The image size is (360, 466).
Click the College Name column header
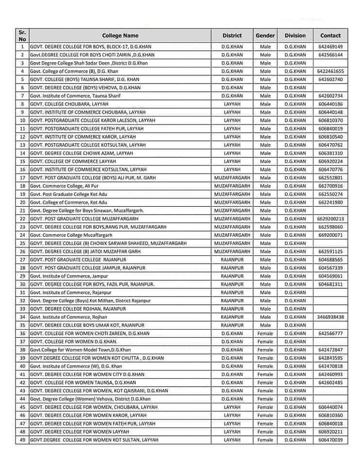tap(120, 35)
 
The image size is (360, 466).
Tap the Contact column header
tap(330, 35)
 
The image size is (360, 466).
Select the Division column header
tap(295, 35)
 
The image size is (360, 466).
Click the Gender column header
tap(265, 35)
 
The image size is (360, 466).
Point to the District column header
tap(232, 35)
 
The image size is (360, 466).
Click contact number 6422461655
tap(330, 71)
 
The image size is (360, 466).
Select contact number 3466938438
tap(330, 317)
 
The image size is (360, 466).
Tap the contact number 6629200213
tap(330, 219)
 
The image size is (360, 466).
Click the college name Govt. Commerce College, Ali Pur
tap(68, 186)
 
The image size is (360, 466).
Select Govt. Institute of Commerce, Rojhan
tap(68, 317)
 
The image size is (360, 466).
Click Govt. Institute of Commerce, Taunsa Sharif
tap(75, 96)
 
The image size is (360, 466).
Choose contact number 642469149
tap(330, 47)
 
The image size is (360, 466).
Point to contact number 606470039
tap(330, 440)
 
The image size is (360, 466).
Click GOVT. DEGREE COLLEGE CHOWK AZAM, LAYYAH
tap(81, 153)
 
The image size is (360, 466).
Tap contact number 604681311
tap(330, 284)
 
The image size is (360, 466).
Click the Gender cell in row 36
tap(265, 333)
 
